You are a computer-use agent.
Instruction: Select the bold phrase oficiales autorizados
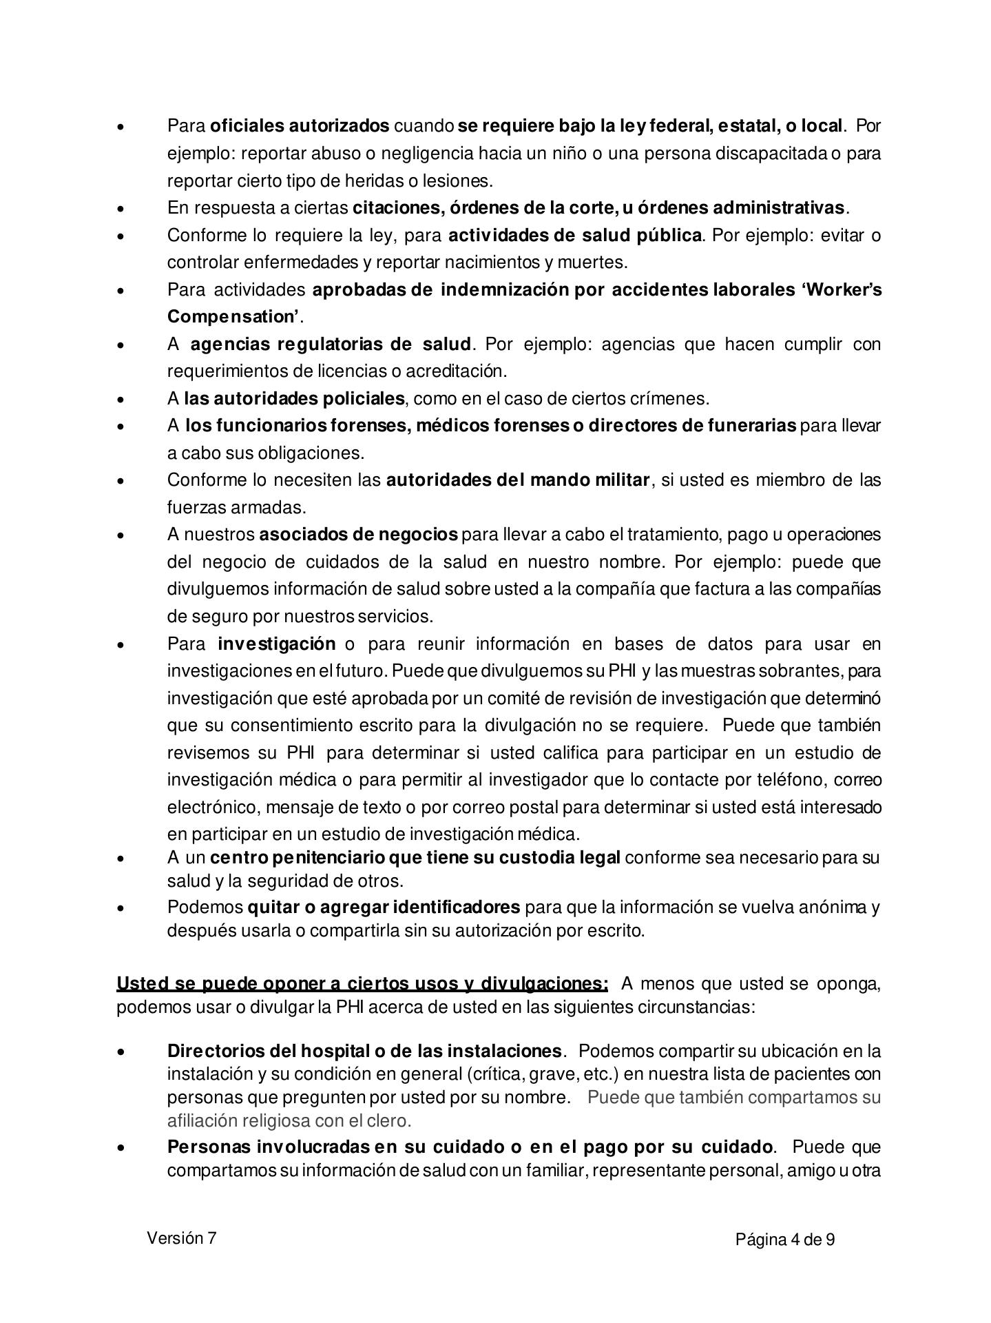click(300, 126)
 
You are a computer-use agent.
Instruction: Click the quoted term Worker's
click(842, 289)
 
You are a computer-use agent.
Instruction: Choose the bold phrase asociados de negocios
click(358, 534)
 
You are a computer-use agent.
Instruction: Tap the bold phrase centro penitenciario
click(298, 858)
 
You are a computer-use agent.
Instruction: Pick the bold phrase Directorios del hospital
click(267, 1051)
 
